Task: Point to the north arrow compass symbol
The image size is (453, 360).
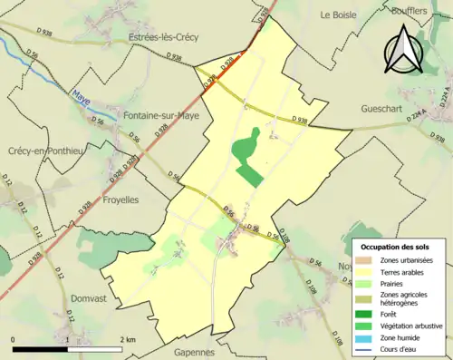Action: pos(404,50)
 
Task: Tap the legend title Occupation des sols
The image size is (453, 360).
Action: pos(395,247)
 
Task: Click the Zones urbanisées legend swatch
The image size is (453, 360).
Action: pos(366,260)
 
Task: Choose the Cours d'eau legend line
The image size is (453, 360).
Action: pos(366,352)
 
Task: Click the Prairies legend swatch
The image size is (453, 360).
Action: pos(366,283)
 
